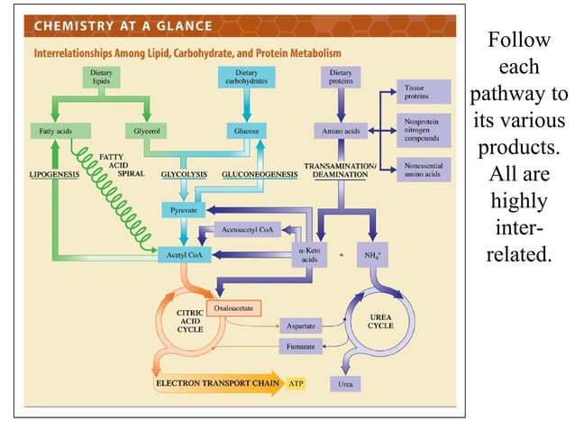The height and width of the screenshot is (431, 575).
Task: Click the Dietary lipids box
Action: coord(100,78)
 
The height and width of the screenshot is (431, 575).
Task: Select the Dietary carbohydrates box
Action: coord(246,78)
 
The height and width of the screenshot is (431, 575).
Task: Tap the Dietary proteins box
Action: coord(341,78)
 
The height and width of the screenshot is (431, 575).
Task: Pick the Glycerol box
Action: coord(146,132)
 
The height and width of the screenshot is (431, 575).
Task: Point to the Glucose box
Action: coord(246,132)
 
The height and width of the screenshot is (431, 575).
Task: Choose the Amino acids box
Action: coord(341,132)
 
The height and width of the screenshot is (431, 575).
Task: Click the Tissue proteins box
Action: coord(423,91)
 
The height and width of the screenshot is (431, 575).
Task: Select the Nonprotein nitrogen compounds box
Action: coord(423,129)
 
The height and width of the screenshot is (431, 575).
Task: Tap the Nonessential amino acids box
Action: coord(423,170)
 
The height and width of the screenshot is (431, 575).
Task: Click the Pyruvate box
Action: coord(183,210)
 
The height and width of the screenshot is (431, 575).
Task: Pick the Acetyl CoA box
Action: coord(183,255)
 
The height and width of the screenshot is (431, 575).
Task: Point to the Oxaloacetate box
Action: coord(233,308)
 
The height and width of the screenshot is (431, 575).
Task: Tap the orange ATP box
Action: coord(296,383)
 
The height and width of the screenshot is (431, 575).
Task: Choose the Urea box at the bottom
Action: coord(345,384)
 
